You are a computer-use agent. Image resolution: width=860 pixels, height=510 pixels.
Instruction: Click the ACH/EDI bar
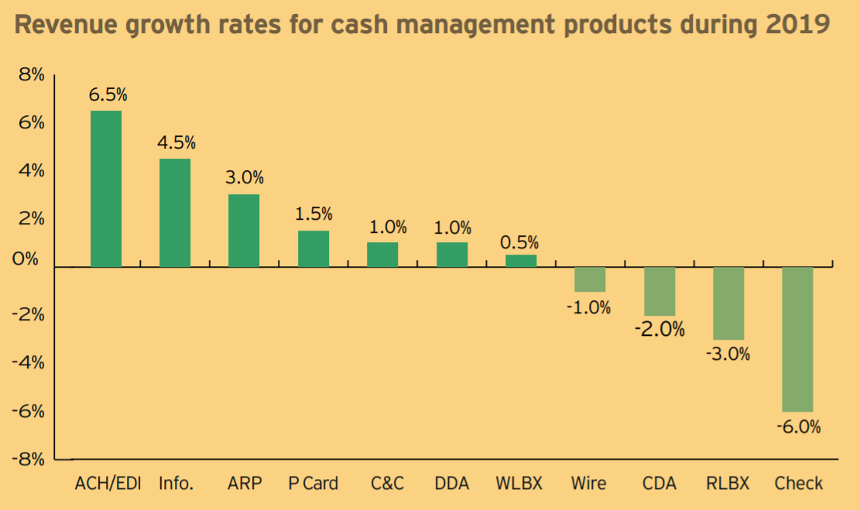pos(106,189)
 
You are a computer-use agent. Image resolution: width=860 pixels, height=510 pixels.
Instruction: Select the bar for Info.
pos(175,213)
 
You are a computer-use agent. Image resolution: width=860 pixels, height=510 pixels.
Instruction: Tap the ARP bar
pos(244,231)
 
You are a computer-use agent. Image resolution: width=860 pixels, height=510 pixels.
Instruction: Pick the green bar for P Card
pos(314,248)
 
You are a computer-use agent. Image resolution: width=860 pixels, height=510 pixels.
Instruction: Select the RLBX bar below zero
pos(728,303)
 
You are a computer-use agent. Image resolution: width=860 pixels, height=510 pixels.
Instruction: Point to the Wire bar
pos(590,279)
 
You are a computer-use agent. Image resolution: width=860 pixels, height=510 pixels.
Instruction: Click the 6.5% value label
pos(108,95)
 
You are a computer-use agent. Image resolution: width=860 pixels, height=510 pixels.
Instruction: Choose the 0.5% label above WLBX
pos(519,241)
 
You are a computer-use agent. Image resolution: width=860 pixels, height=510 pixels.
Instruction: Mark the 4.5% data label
pos(176,143)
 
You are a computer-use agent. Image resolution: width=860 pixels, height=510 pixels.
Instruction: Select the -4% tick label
pos(29,362)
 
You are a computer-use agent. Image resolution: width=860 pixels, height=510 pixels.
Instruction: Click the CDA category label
pos(659,484)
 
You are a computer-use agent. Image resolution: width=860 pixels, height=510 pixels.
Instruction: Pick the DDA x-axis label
pos(452,484)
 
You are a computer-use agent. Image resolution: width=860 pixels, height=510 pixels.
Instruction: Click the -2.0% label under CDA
pos(660,329)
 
